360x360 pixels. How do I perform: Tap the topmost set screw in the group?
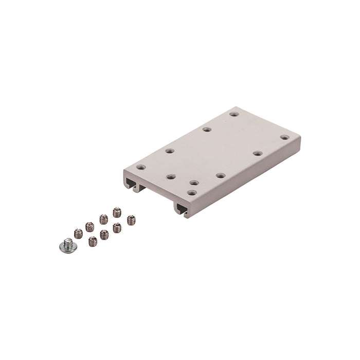coord(116,211)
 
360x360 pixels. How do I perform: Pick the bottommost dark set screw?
coord(93,241)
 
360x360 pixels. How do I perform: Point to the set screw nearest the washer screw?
coord(78,233)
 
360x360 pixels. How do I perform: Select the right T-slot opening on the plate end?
coord(183,207)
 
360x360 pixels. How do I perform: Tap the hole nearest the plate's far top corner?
coord(235,113)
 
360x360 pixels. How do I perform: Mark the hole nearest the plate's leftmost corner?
coord(140,167)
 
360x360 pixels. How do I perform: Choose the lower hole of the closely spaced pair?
coord(191,193)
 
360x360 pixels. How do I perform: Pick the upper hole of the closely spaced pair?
coord(194,183)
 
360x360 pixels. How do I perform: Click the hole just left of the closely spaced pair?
coord(171,176)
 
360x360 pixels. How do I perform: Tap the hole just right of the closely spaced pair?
coord(220,175)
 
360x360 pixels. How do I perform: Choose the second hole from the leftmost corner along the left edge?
coord(170,151)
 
